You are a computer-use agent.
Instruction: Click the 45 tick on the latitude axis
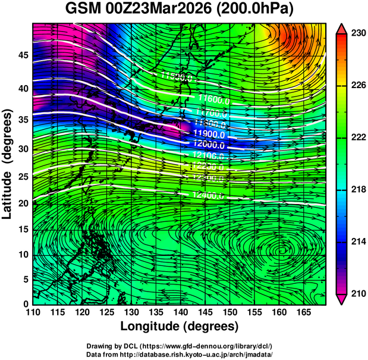(23, 56)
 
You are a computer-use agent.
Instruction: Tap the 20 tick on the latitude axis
(23, 203)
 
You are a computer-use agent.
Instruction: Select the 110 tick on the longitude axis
(33, 312)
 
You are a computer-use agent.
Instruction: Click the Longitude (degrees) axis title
(180, 326)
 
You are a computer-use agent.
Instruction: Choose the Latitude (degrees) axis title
(9, 164)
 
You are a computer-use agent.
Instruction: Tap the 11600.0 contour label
(206, 99)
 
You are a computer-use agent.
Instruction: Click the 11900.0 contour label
(206, 134)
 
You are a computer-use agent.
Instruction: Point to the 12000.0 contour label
(206, 145)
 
